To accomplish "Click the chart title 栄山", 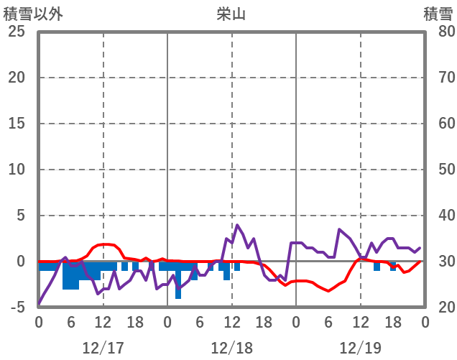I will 231,14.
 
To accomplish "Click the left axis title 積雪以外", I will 33,14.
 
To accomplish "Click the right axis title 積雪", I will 438,14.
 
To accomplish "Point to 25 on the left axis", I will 17,32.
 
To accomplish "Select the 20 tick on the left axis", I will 17,78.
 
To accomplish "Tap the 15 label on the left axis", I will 17,124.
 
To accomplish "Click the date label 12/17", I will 103,348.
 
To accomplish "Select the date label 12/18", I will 231,348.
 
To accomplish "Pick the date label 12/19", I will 360,348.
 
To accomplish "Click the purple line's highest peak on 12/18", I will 237,225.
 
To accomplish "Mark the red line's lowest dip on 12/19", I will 328,291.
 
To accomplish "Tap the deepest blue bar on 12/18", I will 178,293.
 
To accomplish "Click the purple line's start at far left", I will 39,303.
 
